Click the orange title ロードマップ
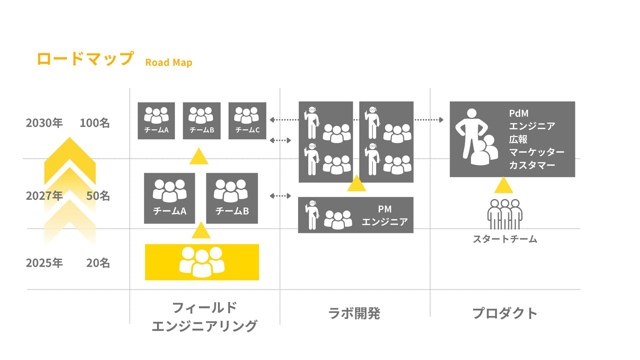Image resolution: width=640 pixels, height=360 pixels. [x=85, y=59]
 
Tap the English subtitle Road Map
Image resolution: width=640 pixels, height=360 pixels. [x=169, y=62]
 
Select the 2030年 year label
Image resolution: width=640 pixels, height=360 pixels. [x=44, y=123]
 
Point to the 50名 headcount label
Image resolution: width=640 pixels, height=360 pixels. [x=98, y=196]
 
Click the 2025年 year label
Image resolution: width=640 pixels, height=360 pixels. [x=44, y=263]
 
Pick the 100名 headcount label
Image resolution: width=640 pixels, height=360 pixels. [x=95, y=123]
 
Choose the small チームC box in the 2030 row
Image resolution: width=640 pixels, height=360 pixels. [x=247, y=121]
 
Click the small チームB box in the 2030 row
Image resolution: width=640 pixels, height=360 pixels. [x=202, y=121]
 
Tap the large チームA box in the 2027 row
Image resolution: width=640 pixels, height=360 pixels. [x=169, y=198]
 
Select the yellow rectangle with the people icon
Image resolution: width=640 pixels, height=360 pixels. [x=202, y=262]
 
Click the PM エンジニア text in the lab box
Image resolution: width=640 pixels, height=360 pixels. [x=385, y=215]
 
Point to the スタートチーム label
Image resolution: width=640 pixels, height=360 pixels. [x=505, y=239]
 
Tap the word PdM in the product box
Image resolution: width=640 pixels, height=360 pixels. [x=519, y=113]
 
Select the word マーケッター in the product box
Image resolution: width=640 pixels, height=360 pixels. [x=536, y=152]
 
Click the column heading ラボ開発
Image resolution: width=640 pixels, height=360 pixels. [x=354, y=313]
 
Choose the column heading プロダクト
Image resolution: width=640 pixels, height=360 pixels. [x=505, y=313]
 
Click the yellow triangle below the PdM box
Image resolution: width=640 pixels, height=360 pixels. [x=503, y=186]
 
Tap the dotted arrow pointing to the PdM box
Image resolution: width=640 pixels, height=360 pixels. [x=429, y=120]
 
